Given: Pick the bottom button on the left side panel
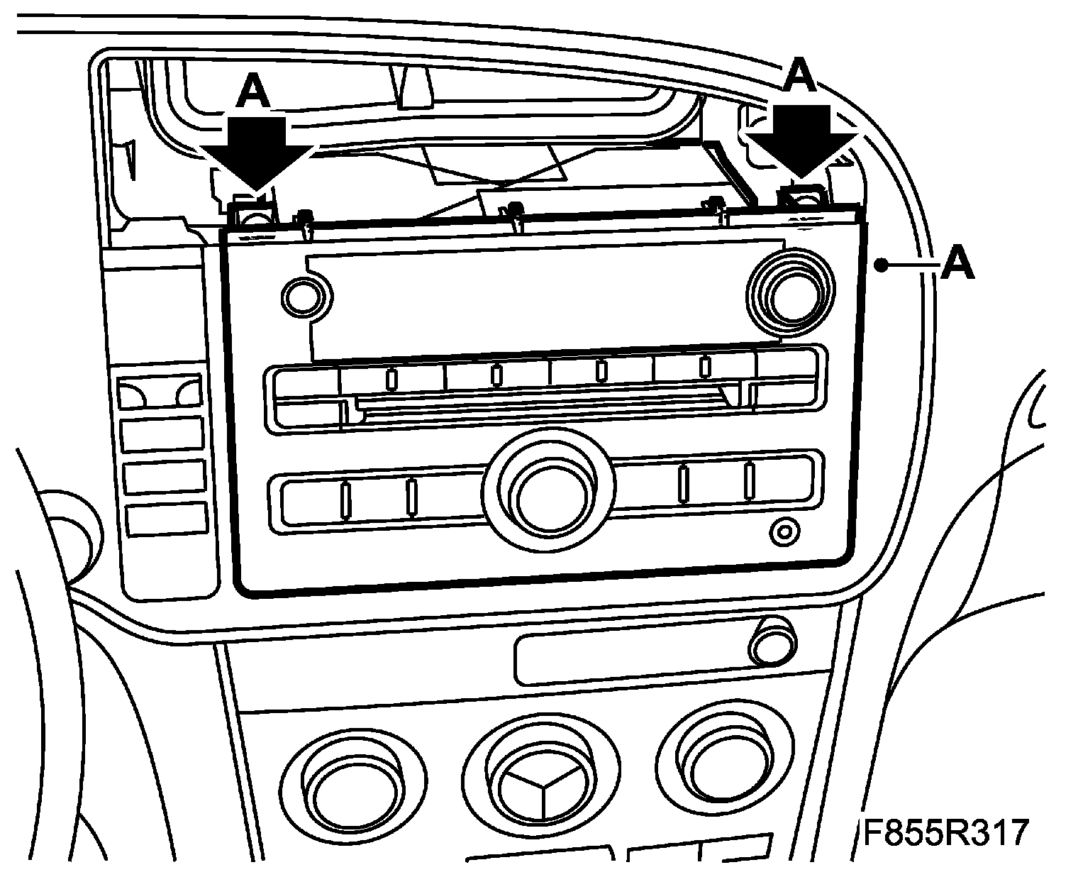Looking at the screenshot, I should pos(166,520).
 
